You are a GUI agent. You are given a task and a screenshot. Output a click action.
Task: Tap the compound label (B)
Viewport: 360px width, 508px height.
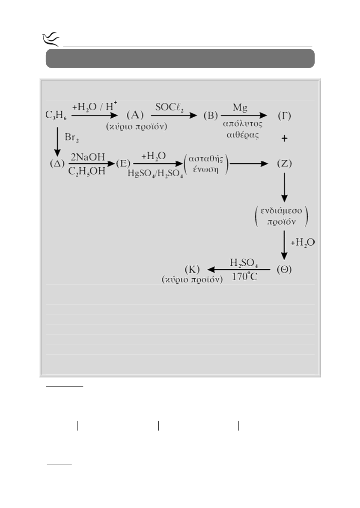(x=211, y=116)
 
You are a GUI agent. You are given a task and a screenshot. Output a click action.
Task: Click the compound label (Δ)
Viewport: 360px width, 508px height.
(x=57, y=163)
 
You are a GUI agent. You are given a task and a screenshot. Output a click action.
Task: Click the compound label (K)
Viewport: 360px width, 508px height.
(x=192, y=270)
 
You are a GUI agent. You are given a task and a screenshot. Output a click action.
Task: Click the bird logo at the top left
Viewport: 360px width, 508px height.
(x=51, y=39)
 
